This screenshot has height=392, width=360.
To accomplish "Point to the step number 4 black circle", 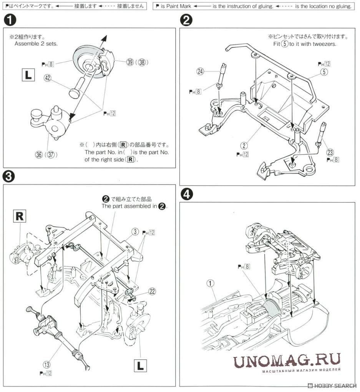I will click(186, 194).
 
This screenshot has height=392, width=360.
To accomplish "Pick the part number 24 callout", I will click(200, 71).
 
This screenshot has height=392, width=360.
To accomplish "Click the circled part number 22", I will click(153, 291).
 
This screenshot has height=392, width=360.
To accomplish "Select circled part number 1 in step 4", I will click(210, 284).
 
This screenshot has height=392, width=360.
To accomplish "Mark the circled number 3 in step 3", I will click(135, 231).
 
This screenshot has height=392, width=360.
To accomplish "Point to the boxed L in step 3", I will click(140, 365).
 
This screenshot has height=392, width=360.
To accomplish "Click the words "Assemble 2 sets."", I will click(36, 44).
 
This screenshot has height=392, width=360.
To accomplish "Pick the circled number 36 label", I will click(39, 155).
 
